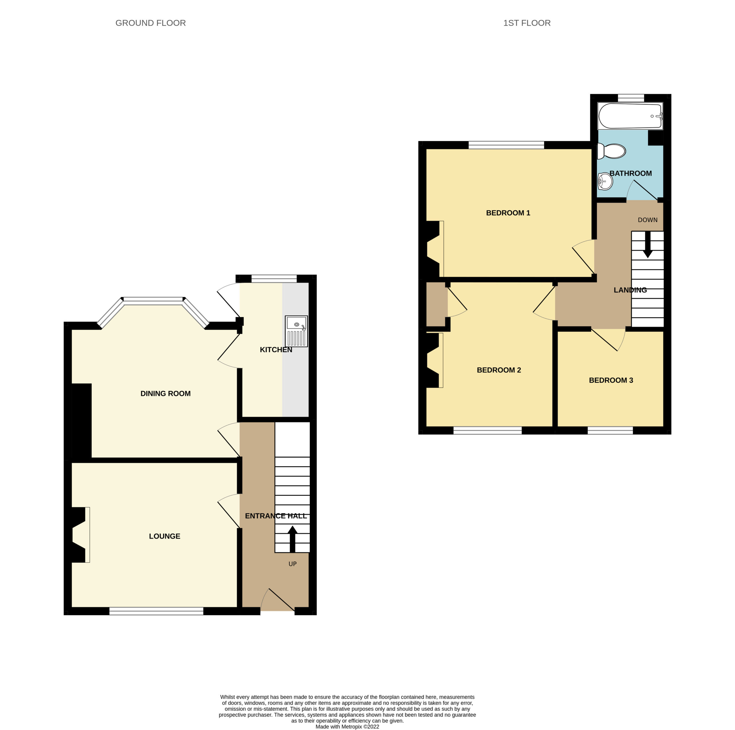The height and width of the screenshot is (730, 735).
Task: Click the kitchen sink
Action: point(296,331)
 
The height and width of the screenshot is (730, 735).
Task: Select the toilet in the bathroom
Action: point(611,151)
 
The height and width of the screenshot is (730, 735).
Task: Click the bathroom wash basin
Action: point(605,181)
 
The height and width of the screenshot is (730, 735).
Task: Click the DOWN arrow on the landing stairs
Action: point(647,244)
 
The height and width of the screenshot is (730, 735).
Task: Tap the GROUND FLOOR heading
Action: point(151,23)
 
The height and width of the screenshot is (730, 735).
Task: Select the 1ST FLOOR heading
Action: point(527,23)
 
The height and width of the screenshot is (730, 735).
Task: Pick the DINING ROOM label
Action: point(165,393)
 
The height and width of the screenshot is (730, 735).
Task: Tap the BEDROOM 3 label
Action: point(611,380)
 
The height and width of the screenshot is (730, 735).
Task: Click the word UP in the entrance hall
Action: point(293,564)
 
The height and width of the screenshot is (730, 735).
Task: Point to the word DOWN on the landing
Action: point(647,220)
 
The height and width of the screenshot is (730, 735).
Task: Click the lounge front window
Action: point(156,611)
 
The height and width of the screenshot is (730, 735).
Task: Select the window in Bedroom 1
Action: point(506,145)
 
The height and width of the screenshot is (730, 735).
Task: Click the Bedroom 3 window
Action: point(610,430)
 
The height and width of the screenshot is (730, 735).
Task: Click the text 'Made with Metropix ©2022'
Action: point(347,727)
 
